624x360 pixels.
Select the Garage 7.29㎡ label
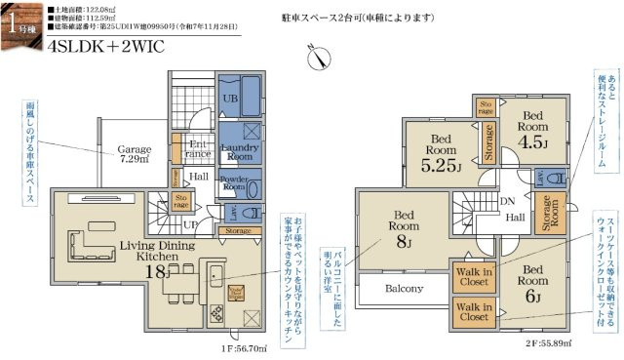(136, 153)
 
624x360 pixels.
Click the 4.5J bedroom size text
(531, 138)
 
